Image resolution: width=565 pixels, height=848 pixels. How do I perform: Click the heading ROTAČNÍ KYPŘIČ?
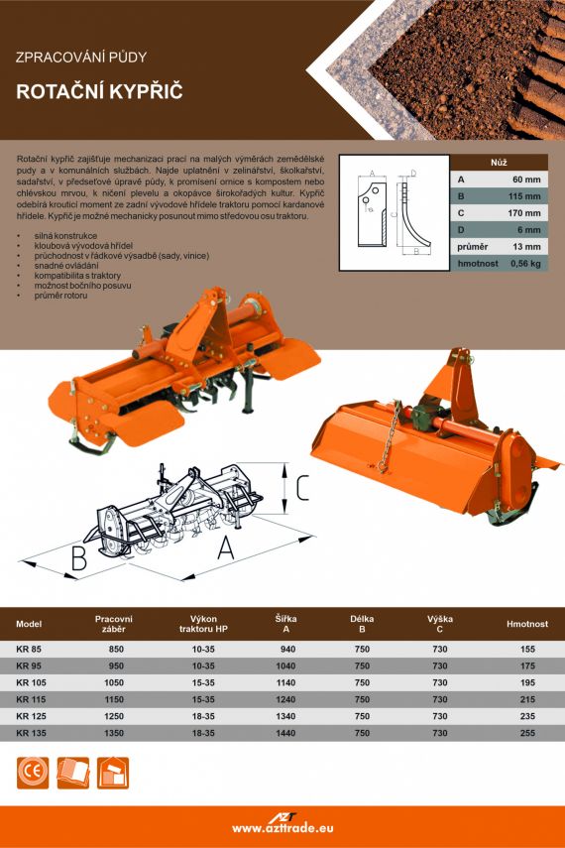[x=99, y=91]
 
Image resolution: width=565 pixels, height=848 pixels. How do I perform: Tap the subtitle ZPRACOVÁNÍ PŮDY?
[x=81, y=58]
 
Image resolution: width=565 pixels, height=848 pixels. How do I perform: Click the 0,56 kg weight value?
[x=525, y=264]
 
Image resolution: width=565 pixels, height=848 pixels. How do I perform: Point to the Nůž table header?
[x=499, y=163]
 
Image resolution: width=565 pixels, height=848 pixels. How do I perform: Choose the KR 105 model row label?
[x=32, y=682]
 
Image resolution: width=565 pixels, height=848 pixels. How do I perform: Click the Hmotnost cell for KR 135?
[x=527, y=733]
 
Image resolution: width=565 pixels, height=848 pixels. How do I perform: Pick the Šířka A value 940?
[x=287, y=649]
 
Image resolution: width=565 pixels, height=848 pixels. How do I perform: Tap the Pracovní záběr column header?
[x=114, y=624]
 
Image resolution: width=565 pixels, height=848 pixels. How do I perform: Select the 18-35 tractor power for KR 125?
[x=203, y=716]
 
